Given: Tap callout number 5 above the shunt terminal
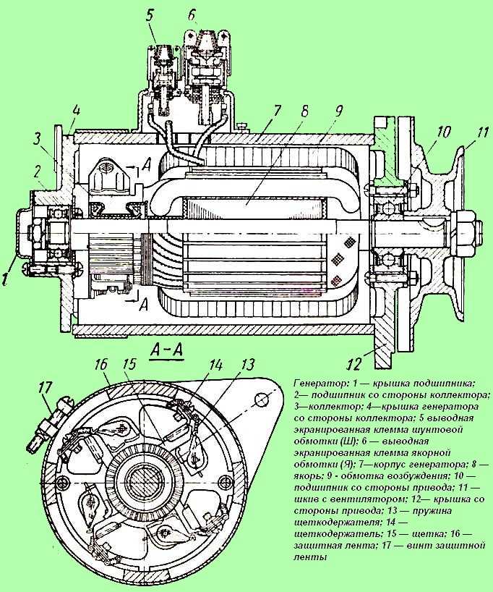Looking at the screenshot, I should pyautogui.click(x=148, y=14).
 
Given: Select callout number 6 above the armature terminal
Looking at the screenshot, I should pyautogui.click(x=191, y=14).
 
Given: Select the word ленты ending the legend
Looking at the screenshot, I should pyautogui.click(x=310, y=558).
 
